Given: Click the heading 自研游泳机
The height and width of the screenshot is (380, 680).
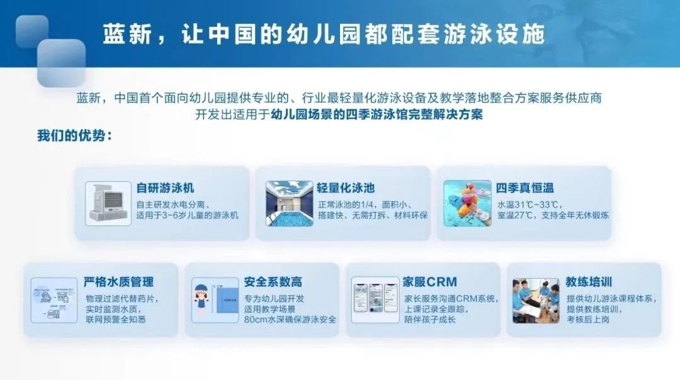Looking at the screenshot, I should point(166,187).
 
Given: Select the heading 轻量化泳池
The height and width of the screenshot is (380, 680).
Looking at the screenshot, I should point(346,187).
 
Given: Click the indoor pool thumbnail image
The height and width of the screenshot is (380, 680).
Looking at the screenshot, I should point(289,203).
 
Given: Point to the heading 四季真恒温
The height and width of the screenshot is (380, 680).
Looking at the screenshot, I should point(524,187).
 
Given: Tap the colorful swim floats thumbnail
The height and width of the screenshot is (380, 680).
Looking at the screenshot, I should point(467,203).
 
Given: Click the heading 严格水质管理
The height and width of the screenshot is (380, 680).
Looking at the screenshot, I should point(118,282).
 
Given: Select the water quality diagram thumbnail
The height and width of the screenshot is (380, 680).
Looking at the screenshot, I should point(54,300).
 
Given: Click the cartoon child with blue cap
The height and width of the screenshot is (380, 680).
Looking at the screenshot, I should point(205,301).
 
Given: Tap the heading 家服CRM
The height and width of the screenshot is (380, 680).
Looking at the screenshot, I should point(430,282).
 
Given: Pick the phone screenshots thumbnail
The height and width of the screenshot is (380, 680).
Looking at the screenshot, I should point(375,300).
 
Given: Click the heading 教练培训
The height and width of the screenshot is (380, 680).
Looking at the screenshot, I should point(589,282).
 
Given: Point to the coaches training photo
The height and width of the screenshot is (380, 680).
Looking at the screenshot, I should point(535,300).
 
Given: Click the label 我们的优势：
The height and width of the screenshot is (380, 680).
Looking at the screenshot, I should point(75,136).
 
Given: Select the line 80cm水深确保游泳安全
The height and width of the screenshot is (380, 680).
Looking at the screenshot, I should point(290,319).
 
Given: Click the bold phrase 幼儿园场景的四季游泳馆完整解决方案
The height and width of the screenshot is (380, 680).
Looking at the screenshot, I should point(376,115).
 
